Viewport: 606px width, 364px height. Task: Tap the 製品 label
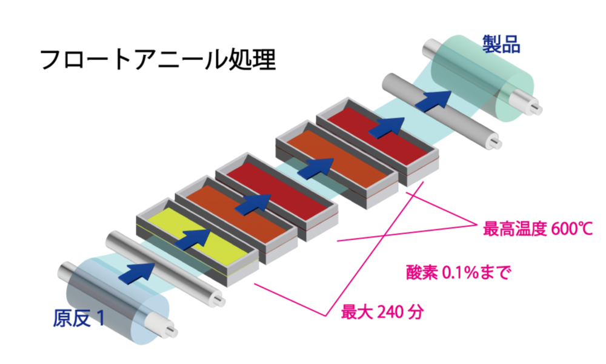point(502,44)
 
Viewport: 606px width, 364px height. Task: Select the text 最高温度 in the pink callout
point(515,229)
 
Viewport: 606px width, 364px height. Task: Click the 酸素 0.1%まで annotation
point(458,272)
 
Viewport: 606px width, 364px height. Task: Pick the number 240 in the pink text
point(389,312)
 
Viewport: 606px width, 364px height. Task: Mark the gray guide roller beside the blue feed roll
point(164,267)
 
